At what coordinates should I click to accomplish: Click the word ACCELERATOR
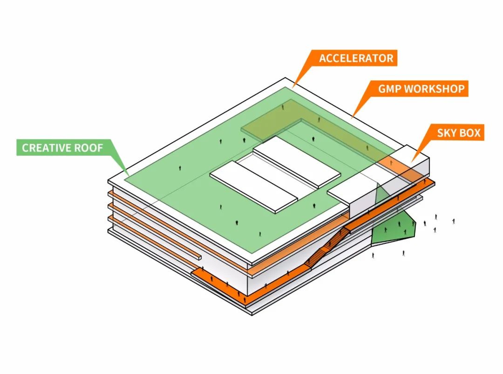pos(356,58)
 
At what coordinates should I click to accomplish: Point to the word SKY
pos(446,133)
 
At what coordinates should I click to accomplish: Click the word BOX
pos(469,133)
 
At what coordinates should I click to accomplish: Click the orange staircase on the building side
pos(327,246)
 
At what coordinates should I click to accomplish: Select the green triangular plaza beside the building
pos(393,228)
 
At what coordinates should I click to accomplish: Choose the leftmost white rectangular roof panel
pos(253,187)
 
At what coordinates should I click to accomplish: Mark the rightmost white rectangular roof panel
pos(297,162)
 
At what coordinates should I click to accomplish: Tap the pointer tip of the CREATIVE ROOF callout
pos(129,176)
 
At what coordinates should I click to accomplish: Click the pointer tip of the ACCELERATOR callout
pos(292,87)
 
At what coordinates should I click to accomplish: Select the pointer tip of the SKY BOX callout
pos(412,162)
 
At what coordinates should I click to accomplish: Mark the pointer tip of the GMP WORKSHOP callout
pos(352,118)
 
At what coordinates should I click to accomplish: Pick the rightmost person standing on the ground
pos(454,221)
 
